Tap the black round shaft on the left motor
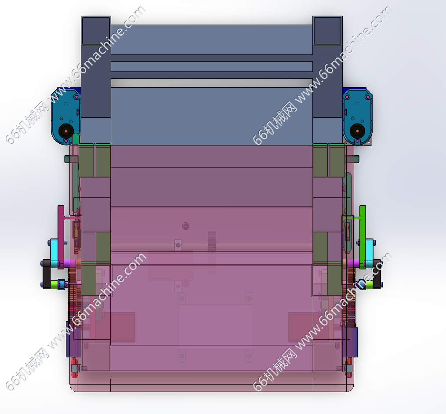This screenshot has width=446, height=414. point(66,131)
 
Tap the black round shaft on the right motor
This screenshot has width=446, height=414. point(358,131)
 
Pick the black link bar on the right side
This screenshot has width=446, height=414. point(377,274)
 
